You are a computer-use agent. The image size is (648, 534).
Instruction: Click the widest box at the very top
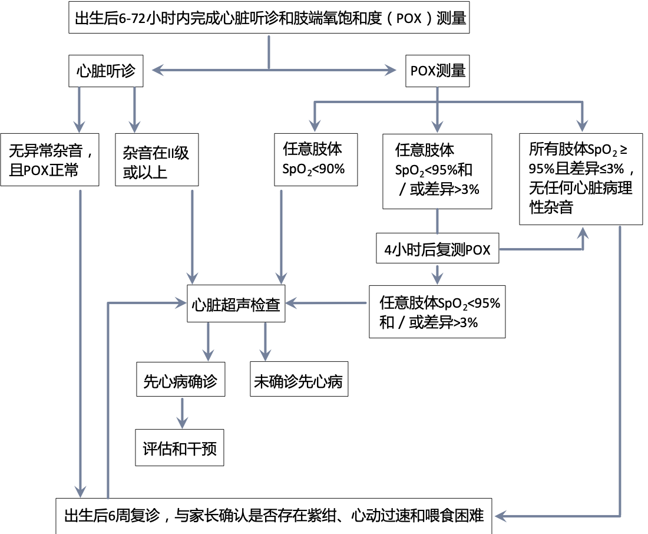269,17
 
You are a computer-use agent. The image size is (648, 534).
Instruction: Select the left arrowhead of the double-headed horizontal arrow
156,71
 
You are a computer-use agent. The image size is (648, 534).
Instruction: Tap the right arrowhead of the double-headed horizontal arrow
392,71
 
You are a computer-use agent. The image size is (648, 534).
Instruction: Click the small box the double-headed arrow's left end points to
106,71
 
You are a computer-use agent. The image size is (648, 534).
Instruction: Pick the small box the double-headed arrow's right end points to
437,71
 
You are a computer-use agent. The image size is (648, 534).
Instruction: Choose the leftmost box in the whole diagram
49,159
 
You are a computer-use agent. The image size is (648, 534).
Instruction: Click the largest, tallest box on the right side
580,179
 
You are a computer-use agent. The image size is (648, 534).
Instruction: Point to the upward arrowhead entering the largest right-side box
583,232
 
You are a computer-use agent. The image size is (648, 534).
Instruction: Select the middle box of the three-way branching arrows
437,171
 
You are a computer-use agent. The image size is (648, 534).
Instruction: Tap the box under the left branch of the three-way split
316,159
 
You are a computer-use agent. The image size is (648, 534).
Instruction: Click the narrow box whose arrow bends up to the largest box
437,248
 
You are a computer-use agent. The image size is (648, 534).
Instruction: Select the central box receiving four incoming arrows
236,303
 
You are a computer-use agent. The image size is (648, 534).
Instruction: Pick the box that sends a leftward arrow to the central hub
437,311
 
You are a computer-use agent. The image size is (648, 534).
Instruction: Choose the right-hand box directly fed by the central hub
299,378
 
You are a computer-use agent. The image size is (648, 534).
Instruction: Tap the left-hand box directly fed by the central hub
180,378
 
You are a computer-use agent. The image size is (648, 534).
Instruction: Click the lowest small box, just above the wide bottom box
179,447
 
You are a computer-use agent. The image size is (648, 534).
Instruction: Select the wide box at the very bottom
273,516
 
